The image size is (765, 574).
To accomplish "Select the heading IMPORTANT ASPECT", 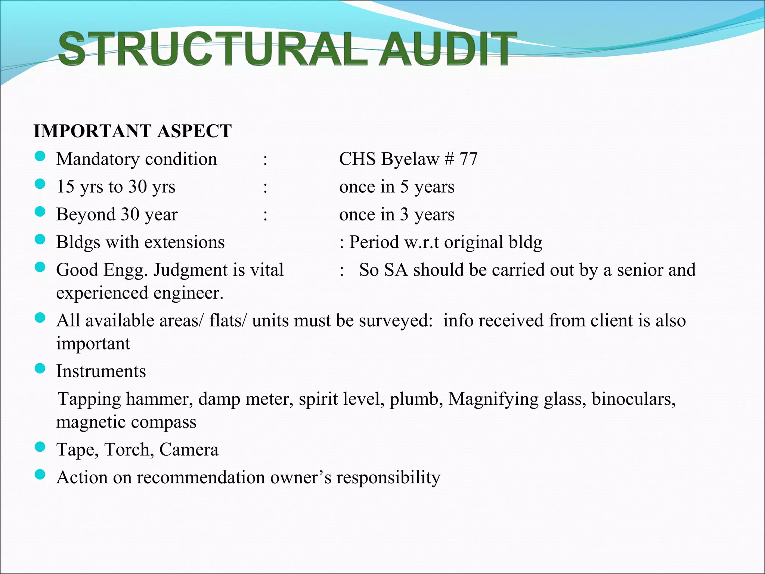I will tap(133, 131).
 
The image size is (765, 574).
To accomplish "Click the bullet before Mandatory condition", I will tap(40, 156).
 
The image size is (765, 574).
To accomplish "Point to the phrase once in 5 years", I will tap(397, 186).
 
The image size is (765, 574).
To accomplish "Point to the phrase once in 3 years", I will tap(397, 215).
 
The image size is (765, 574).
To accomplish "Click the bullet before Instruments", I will tap(40, 368).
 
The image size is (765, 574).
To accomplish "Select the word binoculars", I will tap(634, 399).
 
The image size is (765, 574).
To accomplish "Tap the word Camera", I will tap(189, 450).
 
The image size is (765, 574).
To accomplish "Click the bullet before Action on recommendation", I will tap(40, 475).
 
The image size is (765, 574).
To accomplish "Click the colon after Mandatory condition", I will tap(265, 160).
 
